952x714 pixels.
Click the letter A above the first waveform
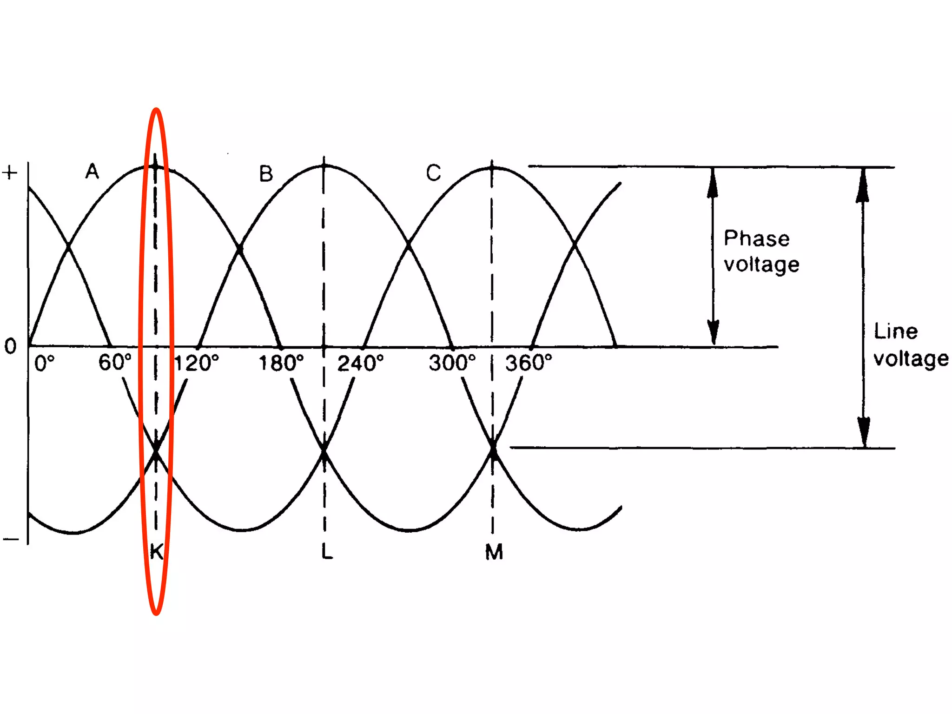tap(92, 172)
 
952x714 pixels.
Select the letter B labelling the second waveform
tap(266, 174)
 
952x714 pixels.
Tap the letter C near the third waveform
tap(433, 173)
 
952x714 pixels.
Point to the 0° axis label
tap(45, 363)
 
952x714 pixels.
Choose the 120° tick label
tap(196, 363)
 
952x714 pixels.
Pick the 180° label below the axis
tap(281, 363)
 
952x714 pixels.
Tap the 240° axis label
tap(361, 363)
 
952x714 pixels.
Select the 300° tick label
tap(452, 363)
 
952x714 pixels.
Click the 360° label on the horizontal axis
tap(529, 363)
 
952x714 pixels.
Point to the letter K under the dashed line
tap(157, 552)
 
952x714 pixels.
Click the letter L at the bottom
tap(327, 552)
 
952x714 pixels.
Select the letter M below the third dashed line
tap(494, 552)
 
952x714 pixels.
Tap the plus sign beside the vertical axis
tap(10, 173)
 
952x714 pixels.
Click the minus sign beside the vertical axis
tap(11, 539)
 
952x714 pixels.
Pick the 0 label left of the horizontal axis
tap(10, 346)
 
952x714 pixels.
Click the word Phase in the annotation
tap(756, 238)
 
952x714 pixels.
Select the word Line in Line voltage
tap(896, 331)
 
